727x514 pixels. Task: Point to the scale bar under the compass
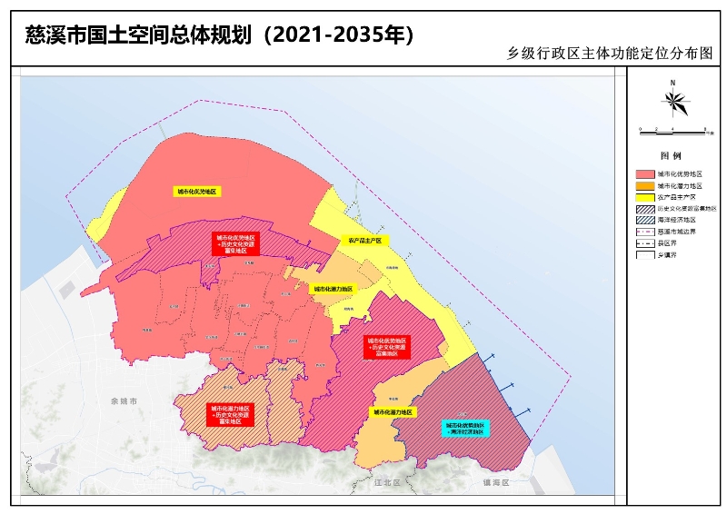(673, 131)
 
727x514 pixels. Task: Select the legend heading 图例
(670, 156)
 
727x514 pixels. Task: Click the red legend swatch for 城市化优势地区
(644, 173)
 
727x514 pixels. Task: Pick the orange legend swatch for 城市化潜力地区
(644, 184)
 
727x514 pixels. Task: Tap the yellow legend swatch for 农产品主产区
(644, 196)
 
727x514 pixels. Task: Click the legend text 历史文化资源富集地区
(686, 208)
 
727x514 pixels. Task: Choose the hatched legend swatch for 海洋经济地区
(644, 220)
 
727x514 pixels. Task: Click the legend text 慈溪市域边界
(677, 232)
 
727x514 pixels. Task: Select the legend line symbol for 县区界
(644, 243)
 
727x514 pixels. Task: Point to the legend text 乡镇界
(668, 255)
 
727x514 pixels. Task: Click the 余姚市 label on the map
(122, 400)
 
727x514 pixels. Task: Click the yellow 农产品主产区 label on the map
(364, 242)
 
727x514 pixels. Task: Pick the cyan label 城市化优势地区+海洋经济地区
(466, 428)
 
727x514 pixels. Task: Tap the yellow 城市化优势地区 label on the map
(197, 192)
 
